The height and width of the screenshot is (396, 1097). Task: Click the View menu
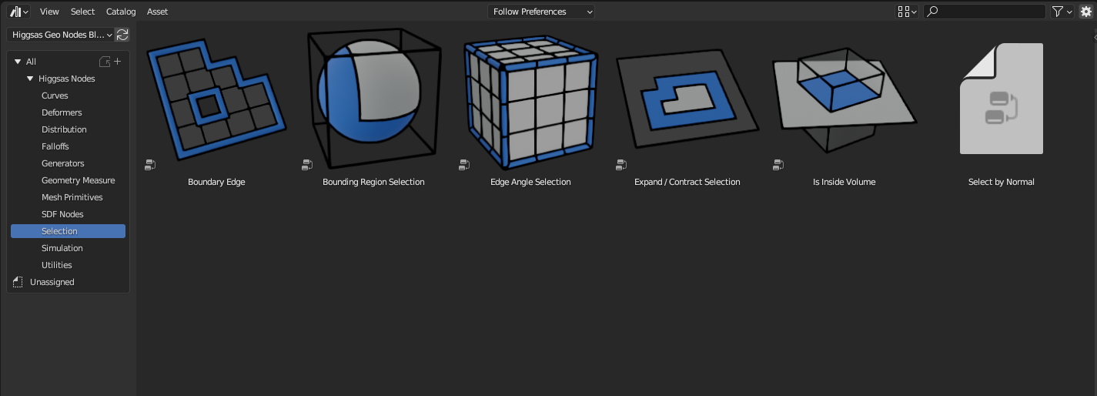tap(49, 12)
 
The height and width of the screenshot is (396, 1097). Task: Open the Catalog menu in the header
tap(121, 12)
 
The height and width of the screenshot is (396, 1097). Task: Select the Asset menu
tap(157, 12)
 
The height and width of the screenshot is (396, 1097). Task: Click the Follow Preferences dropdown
tap(542, 12)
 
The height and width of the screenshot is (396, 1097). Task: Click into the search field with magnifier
tap(989, 12)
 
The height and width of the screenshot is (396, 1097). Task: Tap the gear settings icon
tap(1085, 12)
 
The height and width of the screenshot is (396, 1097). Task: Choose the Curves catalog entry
tap(55, 96)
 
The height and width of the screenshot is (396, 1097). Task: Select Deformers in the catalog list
tap(62, 112)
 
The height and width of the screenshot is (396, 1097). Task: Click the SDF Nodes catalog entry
tap(62, 214)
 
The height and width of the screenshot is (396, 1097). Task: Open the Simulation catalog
tap(62, 248)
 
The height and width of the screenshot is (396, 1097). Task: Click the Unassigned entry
tap(52, 282)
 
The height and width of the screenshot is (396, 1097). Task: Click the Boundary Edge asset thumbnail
tap(216, 100)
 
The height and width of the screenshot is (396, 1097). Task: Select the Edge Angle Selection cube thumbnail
tap(531, 102)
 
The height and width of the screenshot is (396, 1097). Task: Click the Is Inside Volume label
tap(844, 182)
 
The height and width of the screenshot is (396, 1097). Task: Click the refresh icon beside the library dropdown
tap(122, 35)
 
